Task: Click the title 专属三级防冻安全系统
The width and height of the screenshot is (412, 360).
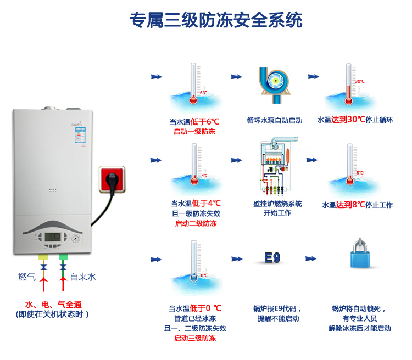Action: coord(215,20)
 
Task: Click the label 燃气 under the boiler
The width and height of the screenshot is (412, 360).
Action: coord(26,277)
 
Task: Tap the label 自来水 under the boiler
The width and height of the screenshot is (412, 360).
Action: coord(83,277)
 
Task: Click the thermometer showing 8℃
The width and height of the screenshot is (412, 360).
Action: coord(349,167)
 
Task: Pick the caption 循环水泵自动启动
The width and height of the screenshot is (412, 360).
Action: coord(274,120)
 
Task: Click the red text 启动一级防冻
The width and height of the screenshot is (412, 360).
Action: coord(194,132)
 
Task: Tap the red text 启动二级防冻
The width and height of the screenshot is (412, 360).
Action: coord(196,223)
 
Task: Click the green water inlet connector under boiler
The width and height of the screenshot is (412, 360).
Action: coord(63,256)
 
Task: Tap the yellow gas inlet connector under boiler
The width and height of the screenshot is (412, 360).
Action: coord(43,256)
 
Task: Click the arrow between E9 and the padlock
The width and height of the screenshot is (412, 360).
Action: coord(310,258)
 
